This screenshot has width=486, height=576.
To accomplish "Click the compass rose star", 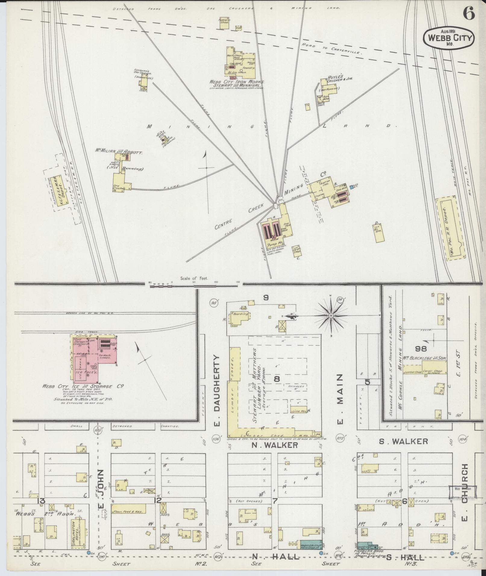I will pos(331,315).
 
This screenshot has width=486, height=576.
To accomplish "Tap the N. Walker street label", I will pos(274,445).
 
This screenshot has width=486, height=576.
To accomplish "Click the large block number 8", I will pos(276,379).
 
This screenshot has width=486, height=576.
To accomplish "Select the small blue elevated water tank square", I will pos(352,187).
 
